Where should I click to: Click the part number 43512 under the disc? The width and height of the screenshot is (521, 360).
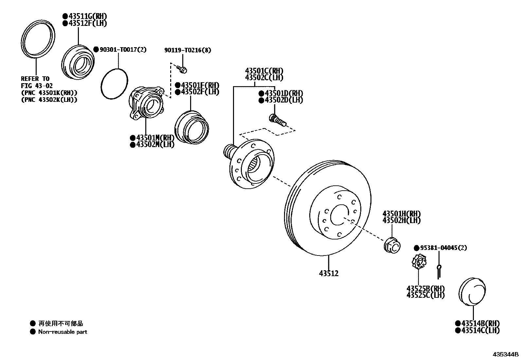point(329,273)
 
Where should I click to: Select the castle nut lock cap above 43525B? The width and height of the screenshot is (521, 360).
point(419,262)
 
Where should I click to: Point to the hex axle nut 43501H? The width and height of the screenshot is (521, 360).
point(392,245)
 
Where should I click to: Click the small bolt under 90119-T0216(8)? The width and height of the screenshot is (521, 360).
point(182,69)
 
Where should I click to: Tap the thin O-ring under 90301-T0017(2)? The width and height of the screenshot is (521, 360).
point(114,84)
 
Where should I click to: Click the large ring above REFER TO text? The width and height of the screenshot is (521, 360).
point(38,40)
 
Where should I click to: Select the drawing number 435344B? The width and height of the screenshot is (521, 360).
point(506,354)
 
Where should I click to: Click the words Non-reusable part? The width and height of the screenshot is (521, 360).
point(63,332)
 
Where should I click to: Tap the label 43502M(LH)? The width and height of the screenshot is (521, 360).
point(155,144)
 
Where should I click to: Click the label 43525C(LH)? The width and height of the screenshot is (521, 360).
point(425,295)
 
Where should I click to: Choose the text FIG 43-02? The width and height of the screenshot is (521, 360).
point(35,86)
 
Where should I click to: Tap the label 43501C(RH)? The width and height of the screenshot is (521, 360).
point(264,71)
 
